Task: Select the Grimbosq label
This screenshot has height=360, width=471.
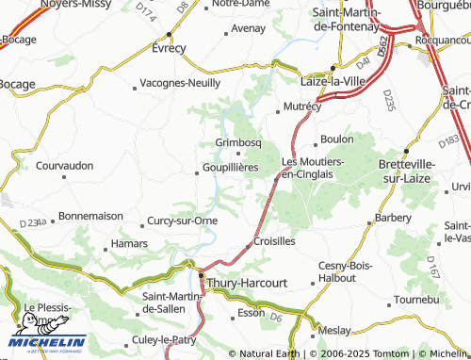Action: [237, 142]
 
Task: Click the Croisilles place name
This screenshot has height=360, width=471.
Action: [275, 241]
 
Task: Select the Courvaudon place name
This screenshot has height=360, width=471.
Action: [65, 165]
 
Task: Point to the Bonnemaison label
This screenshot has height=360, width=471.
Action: [90, 216]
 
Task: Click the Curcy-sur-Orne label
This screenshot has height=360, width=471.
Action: [183, 221]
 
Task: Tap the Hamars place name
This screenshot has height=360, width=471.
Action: [129, 243]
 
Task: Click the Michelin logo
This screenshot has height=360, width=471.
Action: [47, 339]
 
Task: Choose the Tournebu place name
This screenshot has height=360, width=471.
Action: [416, 299]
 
